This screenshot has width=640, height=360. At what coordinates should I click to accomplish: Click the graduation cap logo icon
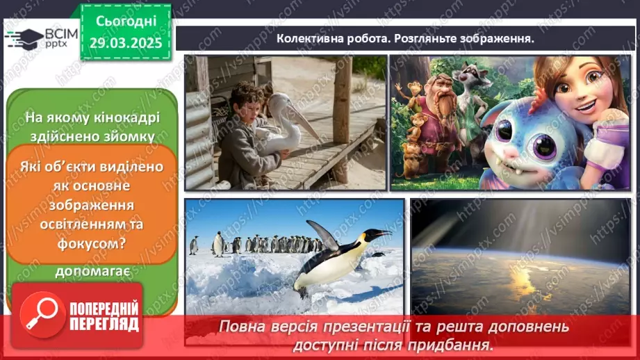(25, 38)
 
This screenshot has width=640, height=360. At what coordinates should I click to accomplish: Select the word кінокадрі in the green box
(131, 117)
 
